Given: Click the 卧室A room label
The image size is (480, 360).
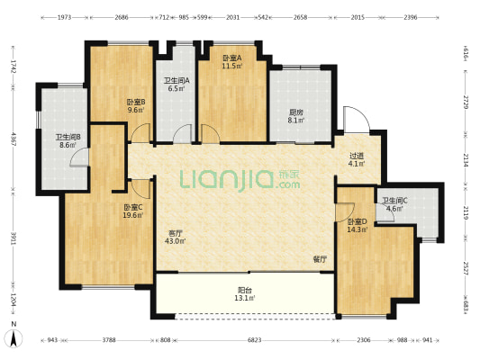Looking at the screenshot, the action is [231, 58].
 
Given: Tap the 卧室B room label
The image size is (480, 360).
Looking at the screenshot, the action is [136, 102].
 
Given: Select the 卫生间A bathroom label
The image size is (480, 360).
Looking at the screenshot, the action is [177, 81].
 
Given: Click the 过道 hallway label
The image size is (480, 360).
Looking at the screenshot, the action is [357, 156].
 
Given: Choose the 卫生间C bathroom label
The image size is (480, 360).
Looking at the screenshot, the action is [394, 201].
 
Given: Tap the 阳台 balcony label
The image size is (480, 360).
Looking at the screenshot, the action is [245, 290].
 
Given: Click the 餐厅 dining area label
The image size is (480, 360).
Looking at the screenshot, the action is [320, 260].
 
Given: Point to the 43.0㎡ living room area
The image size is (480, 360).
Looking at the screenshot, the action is [175, 241].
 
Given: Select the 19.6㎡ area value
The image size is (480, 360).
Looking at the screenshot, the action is [133, 215].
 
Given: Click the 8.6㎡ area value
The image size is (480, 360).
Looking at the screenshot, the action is [68, 145].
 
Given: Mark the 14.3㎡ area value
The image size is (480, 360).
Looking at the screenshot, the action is [358, 229].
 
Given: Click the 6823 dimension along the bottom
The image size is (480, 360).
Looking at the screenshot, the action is [254, 340].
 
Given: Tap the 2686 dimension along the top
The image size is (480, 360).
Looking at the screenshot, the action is [122, 17].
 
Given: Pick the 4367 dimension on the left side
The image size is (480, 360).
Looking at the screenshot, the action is [14, 139].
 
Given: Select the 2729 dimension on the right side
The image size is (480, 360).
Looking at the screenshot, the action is [466, 103].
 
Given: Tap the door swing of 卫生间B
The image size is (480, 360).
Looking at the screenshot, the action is [80, 157].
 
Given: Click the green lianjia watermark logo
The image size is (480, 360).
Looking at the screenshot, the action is [240, 180].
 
